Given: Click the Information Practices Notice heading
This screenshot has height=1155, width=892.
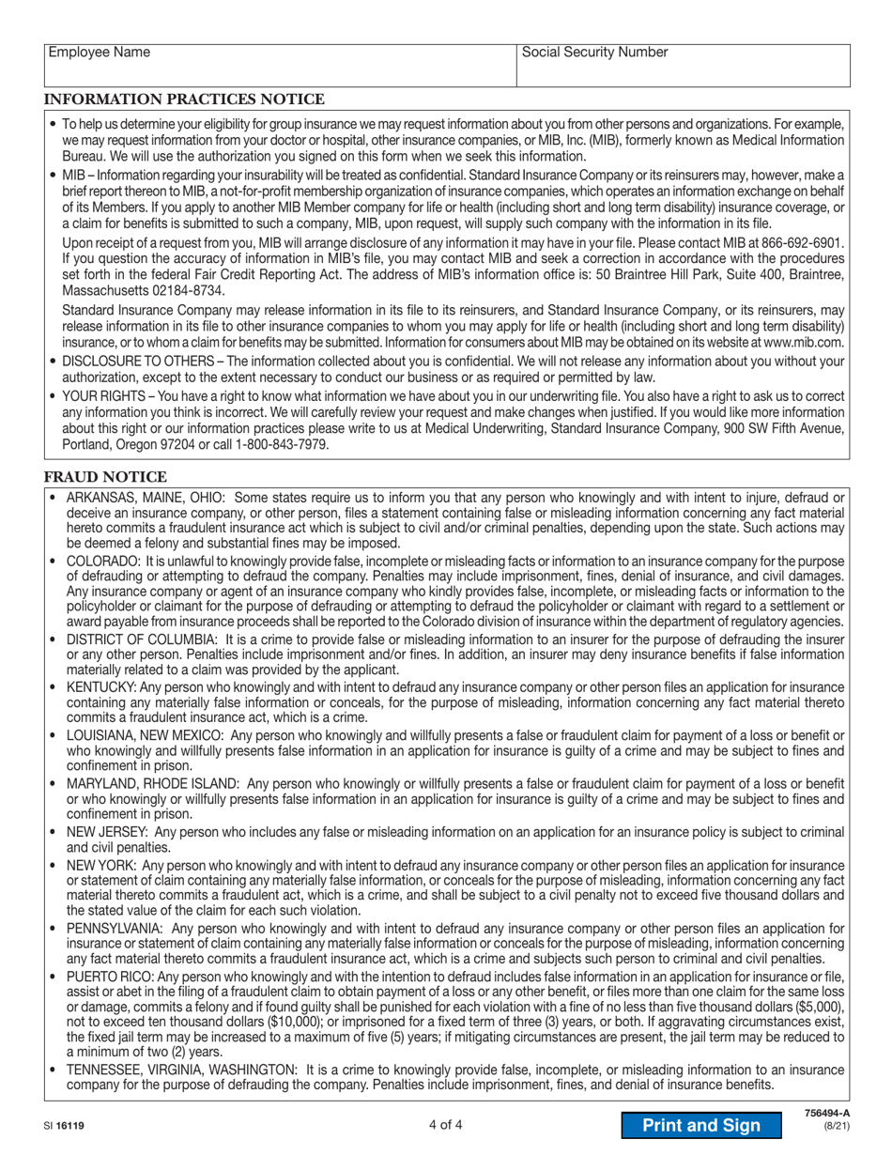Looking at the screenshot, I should click(x=184, y=100).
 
